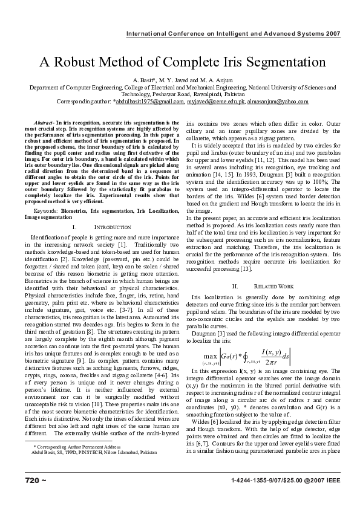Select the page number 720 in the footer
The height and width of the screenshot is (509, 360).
32,480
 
